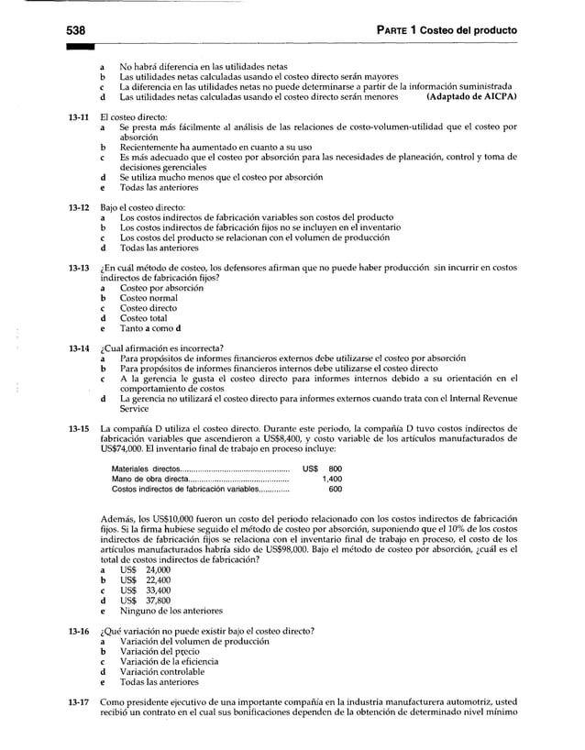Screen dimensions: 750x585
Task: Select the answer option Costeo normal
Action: click(x=149, y=298)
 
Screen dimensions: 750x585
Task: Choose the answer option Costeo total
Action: click(x=144, y=318)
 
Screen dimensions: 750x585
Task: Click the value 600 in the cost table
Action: click(x=335, y=489)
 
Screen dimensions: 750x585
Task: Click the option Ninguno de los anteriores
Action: click(x=171, y=611)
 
